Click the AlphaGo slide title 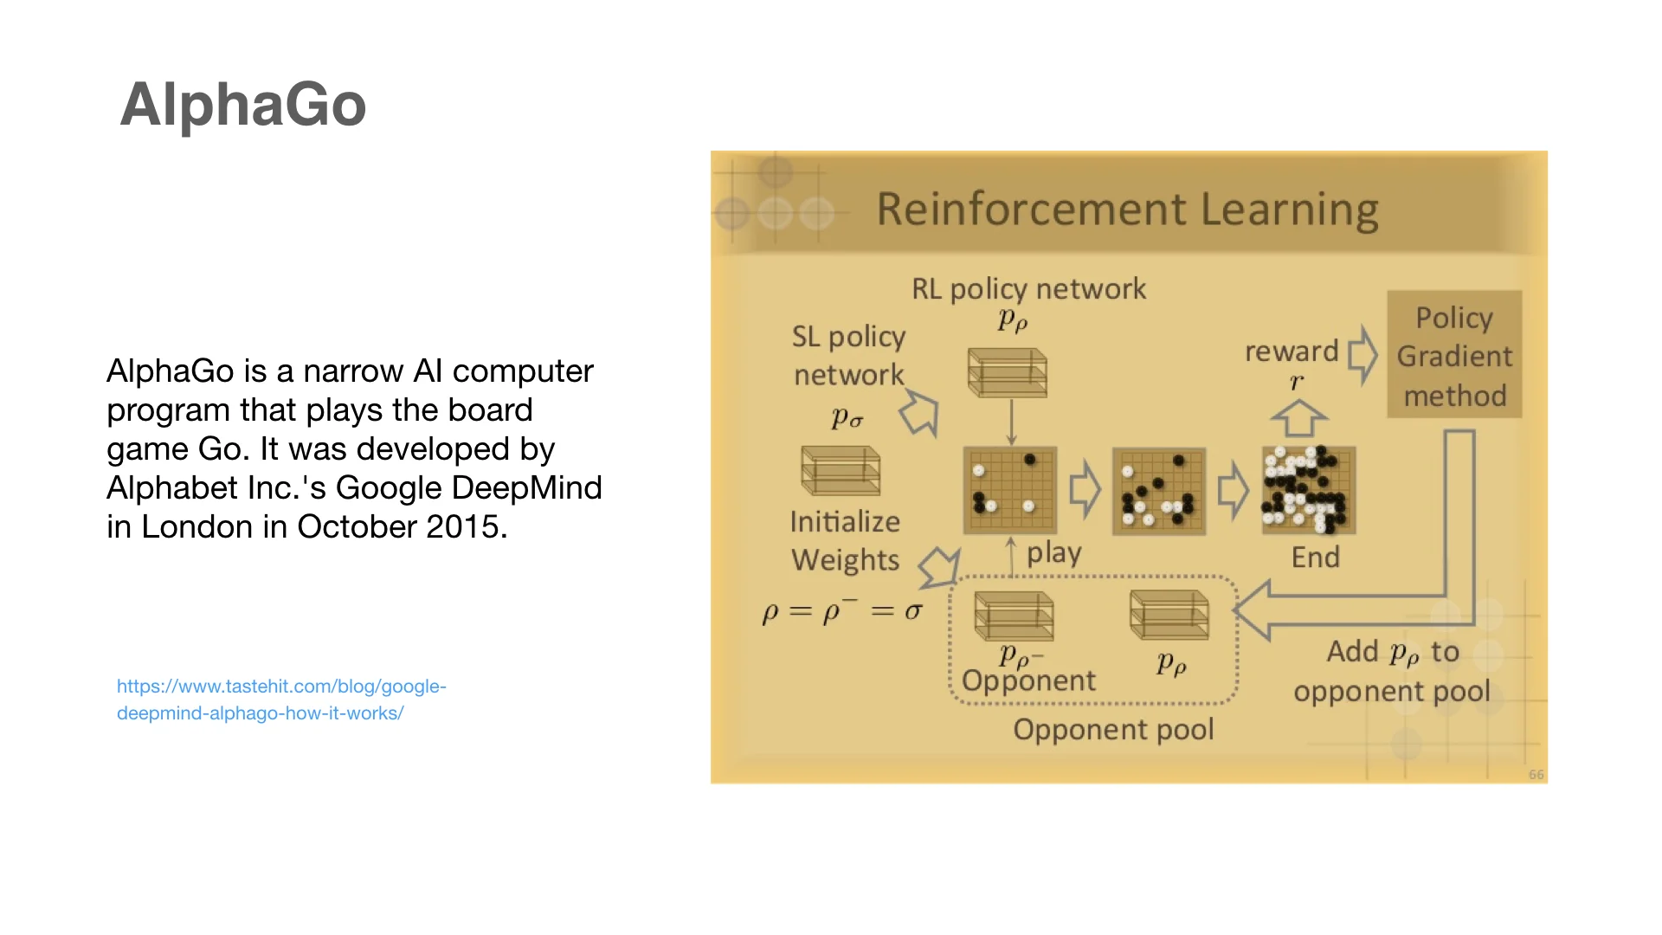243,105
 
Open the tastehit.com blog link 281,700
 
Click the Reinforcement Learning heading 1127,210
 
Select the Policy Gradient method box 1454,356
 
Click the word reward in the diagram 1292,351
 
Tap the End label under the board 1315,558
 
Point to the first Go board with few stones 1010,490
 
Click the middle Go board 1158,491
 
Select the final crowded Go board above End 1308,490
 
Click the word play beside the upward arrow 1053,553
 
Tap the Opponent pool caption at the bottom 1113,730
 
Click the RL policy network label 1028,289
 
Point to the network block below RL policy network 1007,373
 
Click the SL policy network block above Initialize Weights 841,471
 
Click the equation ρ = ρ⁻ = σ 842,612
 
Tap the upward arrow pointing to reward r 1298,419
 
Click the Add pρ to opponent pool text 1392,671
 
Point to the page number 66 1536,775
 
